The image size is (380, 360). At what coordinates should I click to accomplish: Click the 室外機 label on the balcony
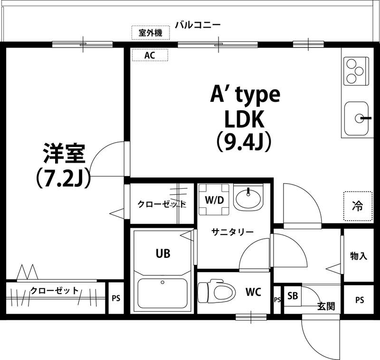pos(150,33)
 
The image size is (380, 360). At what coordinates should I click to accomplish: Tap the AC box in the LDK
pos(150,55)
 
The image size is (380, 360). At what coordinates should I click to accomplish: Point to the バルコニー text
pos(197,24)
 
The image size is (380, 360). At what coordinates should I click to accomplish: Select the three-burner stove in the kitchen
pos(355,71)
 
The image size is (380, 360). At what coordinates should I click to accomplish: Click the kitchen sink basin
pos(356,118)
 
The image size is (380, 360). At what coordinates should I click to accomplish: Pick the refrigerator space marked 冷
pos(357,206)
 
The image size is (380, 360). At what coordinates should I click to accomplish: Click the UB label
pos(162,253)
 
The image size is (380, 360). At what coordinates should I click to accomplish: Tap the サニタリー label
pos(232,232)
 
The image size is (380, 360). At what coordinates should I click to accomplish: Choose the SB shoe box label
pos(293,296)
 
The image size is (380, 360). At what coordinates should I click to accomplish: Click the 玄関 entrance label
pos(326,306)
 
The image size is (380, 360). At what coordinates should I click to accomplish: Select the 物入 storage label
pos(359,255)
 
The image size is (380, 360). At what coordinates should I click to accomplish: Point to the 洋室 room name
pos(64,154)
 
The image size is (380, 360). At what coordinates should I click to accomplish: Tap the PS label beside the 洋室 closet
pos(116,299)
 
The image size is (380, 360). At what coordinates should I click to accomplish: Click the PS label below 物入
pos(360,300)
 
